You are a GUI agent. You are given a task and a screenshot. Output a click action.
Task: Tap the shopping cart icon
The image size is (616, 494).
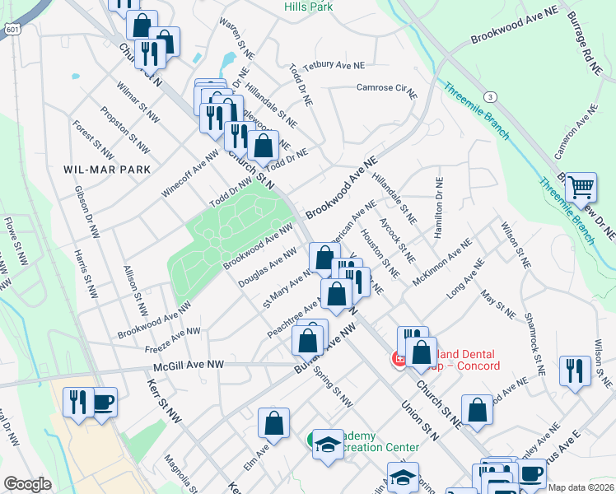pos(581,188)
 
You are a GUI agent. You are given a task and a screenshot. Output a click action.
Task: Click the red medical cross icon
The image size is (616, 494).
pos(398,359)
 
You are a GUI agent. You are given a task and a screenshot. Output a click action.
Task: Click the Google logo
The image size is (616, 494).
pos(27,484)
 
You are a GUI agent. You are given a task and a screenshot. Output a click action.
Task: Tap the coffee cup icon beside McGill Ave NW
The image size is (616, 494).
pos(103,403)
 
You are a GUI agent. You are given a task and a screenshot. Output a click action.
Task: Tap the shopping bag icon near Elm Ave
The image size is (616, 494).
pos(273,424)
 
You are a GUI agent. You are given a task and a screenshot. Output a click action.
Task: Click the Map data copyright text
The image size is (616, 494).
pos(581,487)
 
